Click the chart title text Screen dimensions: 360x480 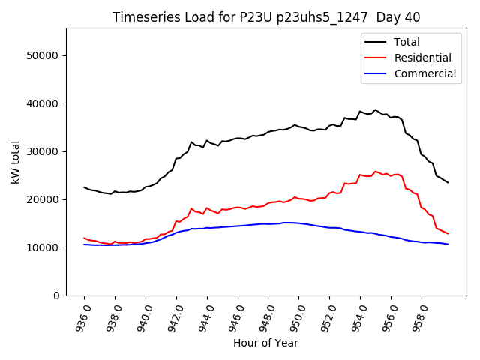(x=266, y=16)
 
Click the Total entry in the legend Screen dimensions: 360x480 (x=406, y=42)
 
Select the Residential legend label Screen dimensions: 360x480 (x=422, y=58)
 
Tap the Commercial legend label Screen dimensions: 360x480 (x=424, y=73)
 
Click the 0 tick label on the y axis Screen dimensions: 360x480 (x=55, y=295)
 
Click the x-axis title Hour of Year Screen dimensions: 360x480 (x=265, y=343)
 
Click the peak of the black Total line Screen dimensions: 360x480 (x=376, y=110)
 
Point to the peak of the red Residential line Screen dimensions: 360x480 (x=376, y=171)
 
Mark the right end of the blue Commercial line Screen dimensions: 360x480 (x=448, y=244)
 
